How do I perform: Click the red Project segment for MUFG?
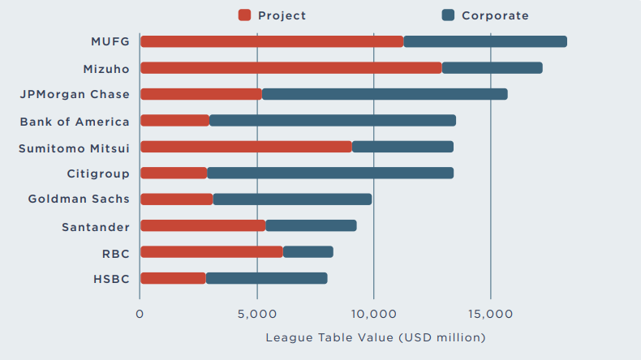(272, 41)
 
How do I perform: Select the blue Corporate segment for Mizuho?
(492, 68)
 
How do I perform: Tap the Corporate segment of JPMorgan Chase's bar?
(385, 94)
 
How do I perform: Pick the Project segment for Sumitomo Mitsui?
(246, 147)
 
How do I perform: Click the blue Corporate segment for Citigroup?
(330, 173)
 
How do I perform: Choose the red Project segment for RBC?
(212, 251)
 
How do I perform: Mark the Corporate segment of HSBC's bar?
(266, 278)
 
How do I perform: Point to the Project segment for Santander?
(203, 225)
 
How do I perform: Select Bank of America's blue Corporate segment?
(333, 121)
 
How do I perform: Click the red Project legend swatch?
(244, 15)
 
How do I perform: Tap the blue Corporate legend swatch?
(448, 15)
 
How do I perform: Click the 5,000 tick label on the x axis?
(257, 313)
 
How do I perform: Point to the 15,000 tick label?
(491, 313)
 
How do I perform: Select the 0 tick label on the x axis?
(140, 313)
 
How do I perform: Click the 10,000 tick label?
(374, 313)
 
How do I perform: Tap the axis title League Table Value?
(375, 336)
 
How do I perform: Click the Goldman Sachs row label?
(79, 199)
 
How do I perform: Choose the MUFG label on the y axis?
(110, 41)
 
